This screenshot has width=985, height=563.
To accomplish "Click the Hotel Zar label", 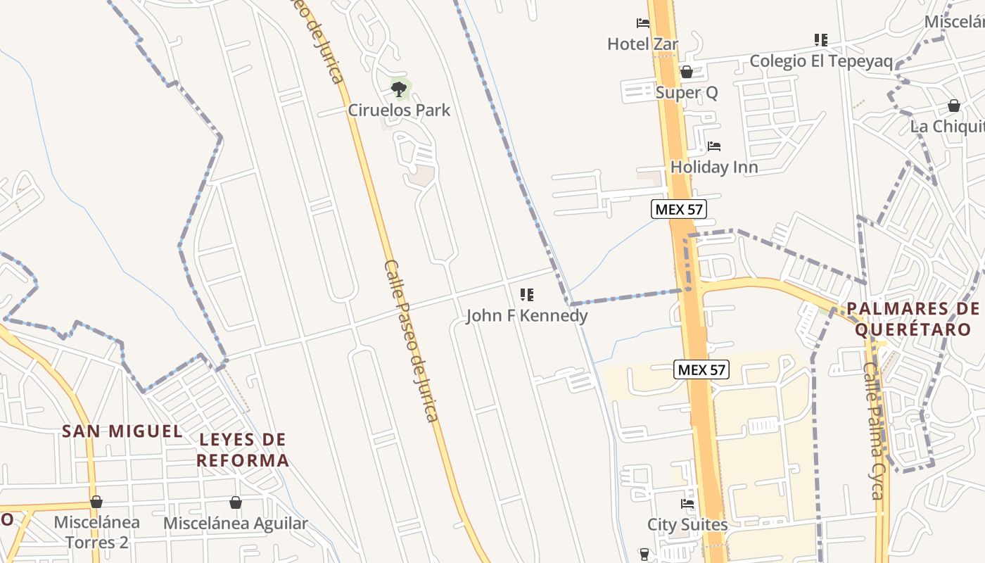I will pyautogui.click(x=642, y=44).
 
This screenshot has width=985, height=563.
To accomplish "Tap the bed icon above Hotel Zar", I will pyautogui.click(x=643, y=23).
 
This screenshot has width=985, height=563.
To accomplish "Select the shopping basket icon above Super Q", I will pyautogui.click(x=687, y=72).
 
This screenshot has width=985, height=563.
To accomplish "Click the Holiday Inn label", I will pyautogui.click(x=714, y=167).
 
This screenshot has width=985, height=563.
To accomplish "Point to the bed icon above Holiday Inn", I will pyautogui.click(x=714, y=146).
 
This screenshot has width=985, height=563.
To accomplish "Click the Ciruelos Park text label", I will pyautogui.click(x=399, y=110).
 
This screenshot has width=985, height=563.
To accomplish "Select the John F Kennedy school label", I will pyautogui.click(x=526, y=316).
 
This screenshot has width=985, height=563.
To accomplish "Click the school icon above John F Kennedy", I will pyautogui.click(x=526, y=295).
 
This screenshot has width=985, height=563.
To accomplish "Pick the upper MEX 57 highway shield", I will pyautogui.click(x=678, y=209).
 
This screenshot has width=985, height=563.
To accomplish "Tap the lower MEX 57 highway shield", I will pyautogui.click(x=701, y=369).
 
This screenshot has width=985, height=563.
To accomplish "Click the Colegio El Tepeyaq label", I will pyautogui.click(x=820, y=61).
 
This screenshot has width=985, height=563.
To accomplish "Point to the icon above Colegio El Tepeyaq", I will pyautogui.click(x=820, y=40).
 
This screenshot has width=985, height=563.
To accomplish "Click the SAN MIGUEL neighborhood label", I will pyautogui.click(x=122, y=431).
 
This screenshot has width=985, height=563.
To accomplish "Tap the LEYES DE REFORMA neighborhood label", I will pyautogui.click(x=243, y=450).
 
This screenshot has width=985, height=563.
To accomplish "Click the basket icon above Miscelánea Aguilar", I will pyautogui.click(x=236, y=502).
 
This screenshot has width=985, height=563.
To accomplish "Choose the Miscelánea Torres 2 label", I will pyautogui.click(x=96, y=533).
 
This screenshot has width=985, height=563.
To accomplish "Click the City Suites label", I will pyautogui.click(x=687, y=525).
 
